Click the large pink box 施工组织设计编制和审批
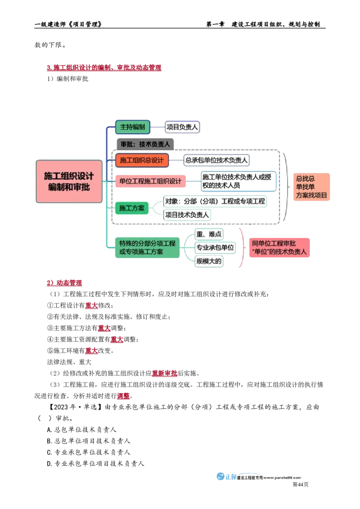69,182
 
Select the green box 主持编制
133,127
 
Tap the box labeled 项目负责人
182,127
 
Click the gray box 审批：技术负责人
145,144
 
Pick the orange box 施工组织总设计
142,161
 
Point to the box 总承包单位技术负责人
216,160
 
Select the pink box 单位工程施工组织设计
150,181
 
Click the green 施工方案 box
132,208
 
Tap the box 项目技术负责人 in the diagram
187,215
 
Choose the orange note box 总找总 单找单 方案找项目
311,187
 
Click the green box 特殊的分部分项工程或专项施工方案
147,248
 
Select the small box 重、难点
209,234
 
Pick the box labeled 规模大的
209,261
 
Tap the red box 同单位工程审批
279,248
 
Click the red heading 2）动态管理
64,283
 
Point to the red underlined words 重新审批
165,373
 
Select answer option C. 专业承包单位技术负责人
88,452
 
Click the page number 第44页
301,484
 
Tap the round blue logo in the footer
220,476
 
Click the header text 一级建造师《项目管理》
68,24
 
